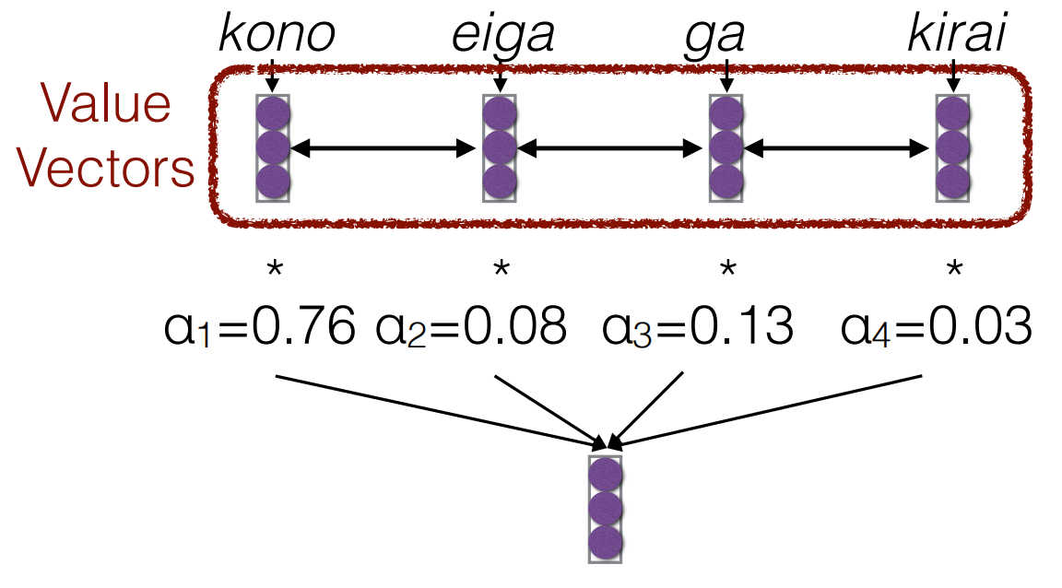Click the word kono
(277, 37)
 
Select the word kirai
(955, 37)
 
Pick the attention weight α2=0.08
(471, 326)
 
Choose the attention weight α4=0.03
(935, 326)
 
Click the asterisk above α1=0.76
(273, 270)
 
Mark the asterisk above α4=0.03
(954, 270)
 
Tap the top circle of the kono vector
(273, 115)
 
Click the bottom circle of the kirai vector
(953, 178)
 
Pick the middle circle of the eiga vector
(499, 147)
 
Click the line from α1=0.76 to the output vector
(433, 408)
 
